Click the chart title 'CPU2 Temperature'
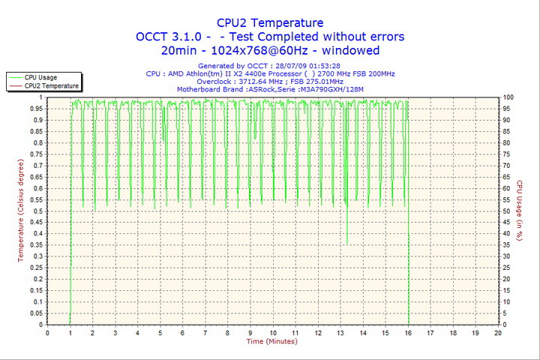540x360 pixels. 269,22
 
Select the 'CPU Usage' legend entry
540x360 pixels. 40,77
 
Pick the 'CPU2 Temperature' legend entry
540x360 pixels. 51,86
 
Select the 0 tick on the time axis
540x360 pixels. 48,332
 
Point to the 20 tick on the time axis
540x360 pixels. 499,332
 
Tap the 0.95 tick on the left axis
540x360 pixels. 35,109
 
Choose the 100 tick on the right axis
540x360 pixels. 508,97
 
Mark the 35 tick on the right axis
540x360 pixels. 507,245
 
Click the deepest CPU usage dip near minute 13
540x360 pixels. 346,242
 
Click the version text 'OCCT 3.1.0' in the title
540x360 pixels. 168,36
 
